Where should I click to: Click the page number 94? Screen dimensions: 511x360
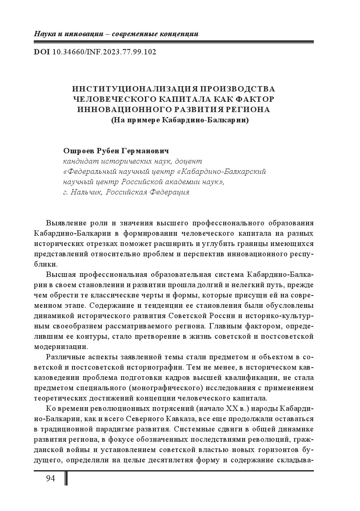[50, 478]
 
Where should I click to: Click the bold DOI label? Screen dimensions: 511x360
[42, 52]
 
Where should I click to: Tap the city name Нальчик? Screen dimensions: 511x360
[86, 192]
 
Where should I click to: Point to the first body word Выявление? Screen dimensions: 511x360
[65, 223]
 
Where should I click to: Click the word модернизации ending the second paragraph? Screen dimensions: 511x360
[61, 347]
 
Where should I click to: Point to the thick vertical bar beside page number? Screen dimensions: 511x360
[67, 478]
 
